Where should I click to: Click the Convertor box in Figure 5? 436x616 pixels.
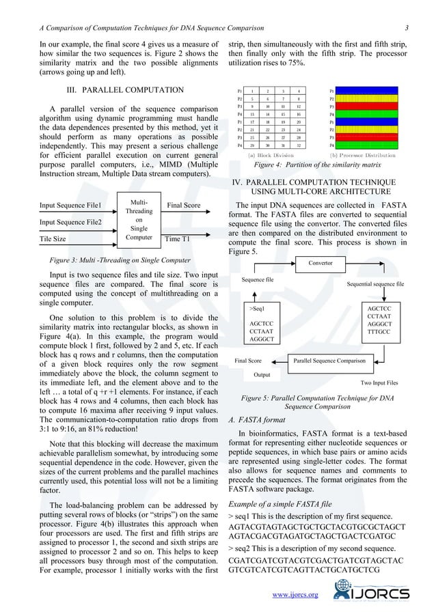(x=321, y=263)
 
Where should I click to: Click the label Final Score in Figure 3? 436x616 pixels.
(x=183, y=205)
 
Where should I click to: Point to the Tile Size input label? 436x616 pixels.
(x=53, y=239)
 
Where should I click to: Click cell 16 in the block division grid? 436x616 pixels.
(x=299, y=114)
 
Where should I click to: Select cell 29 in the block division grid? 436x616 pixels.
(x=252, y=145)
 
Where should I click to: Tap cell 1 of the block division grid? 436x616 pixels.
(x=252, y=91)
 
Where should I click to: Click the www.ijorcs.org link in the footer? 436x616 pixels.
(x=295, y=595)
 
